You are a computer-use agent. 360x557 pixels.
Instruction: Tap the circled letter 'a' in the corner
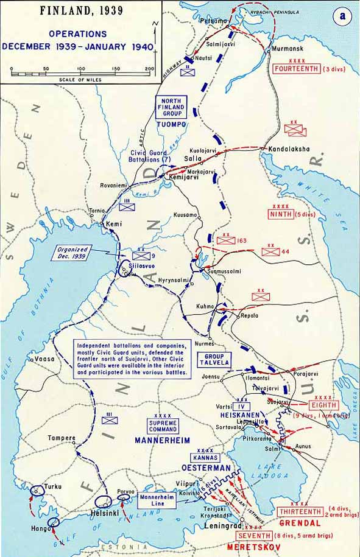coord(342,17)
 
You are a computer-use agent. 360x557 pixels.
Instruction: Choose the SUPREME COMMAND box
coord(163,426)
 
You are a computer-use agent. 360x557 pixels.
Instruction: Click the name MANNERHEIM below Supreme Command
coord(163,440)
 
